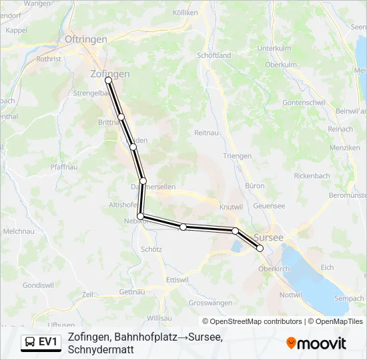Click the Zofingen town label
[109, 75]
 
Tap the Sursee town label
[269, 237]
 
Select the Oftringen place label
[86, 39]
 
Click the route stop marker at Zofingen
[108, 81]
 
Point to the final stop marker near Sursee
[260, 249]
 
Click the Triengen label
[238, 156]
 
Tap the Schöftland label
[214, 56]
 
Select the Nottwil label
[291, 295]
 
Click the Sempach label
[349, 299]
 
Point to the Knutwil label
[231, 207]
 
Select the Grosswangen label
[210, 303]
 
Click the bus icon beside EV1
[31, 342]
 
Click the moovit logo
[316, 343]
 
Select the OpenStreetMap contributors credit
[252, 321]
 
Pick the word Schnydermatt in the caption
[101, 349]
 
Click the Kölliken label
[186, 12]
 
